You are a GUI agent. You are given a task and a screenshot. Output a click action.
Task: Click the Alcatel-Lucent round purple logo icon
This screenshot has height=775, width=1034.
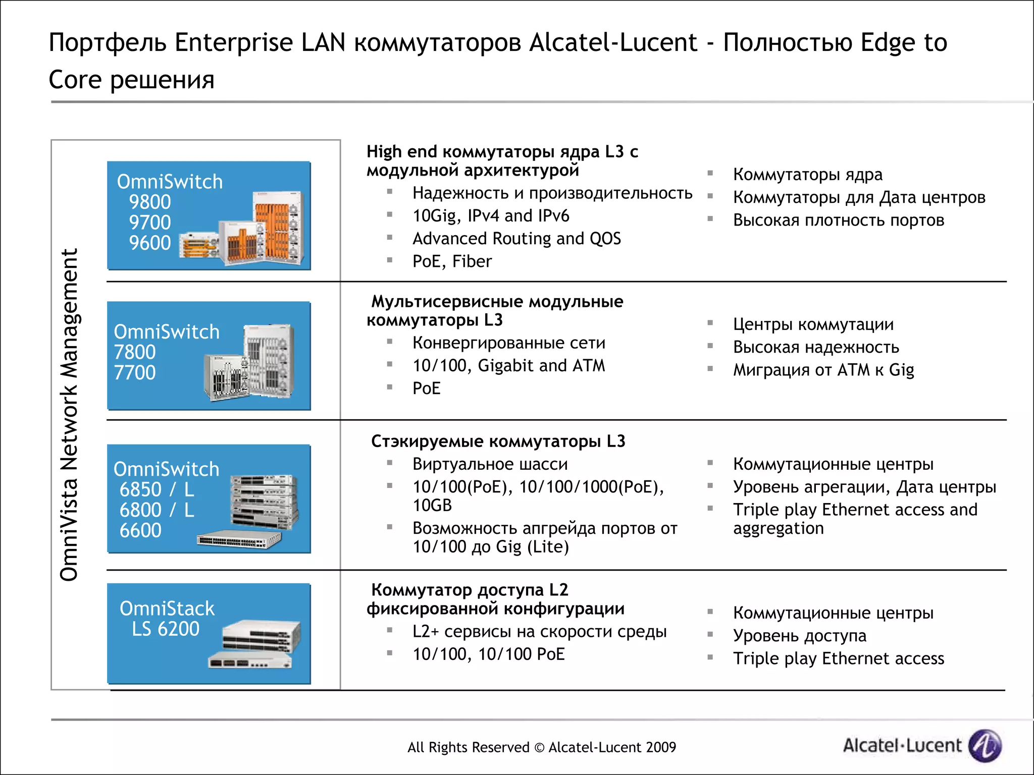pos(985,745)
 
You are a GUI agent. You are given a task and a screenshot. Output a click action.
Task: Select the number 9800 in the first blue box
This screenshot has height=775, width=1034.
pos(150,202)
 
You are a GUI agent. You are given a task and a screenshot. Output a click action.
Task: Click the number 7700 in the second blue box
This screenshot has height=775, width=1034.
pos(135,372)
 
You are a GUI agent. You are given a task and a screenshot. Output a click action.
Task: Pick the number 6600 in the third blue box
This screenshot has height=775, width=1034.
pos(140,530)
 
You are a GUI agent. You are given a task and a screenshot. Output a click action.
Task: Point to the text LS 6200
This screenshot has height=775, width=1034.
pos(166,629)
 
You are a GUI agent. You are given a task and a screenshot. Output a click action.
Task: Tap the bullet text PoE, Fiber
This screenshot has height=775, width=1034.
pos(452,261)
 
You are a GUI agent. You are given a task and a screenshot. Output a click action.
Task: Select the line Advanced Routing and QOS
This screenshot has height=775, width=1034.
pos(516,239)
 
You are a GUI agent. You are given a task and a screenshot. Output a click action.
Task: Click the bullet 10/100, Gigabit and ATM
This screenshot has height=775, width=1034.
pos(508,365)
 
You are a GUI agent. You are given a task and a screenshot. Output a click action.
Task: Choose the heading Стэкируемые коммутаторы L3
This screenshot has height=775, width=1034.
pos(498,441)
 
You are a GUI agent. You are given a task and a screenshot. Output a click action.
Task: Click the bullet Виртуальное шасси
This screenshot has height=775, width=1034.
pos(490,464)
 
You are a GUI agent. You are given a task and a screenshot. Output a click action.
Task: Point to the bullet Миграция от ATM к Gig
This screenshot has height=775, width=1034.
pos(823,370)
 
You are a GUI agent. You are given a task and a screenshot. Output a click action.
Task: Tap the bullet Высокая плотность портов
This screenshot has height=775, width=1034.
pos(838,220)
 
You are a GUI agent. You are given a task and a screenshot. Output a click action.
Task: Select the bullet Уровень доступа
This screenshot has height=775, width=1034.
pos(800,636)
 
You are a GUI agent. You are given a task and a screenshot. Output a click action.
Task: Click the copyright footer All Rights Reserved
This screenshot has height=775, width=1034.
pos(541,747)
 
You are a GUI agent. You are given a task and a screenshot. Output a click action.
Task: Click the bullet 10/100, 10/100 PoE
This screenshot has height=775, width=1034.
pos(488,654)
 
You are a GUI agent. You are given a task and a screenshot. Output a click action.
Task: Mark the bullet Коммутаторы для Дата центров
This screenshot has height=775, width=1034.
pos(859,197)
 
